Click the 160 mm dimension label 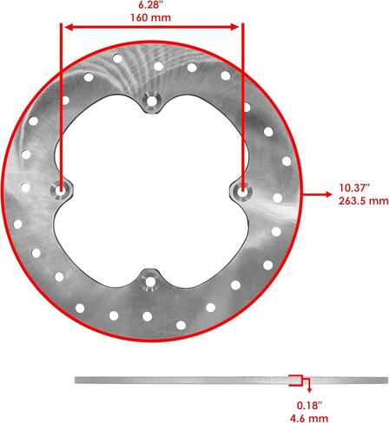tap(150, 17)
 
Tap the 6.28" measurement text tap(150, 4)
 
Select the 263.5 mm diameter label tap(364, 200)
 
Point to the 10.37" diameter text tap(355, 188)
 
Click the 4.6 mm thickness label tap(309, 418)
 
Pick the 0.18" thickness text tap(309, 405)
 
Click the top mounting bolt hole tap(151, 101)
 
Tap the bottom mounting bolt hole tap(150, 282)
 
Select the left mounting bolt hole tap(61, 191)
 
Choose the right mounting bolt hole tap(242, 191)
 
